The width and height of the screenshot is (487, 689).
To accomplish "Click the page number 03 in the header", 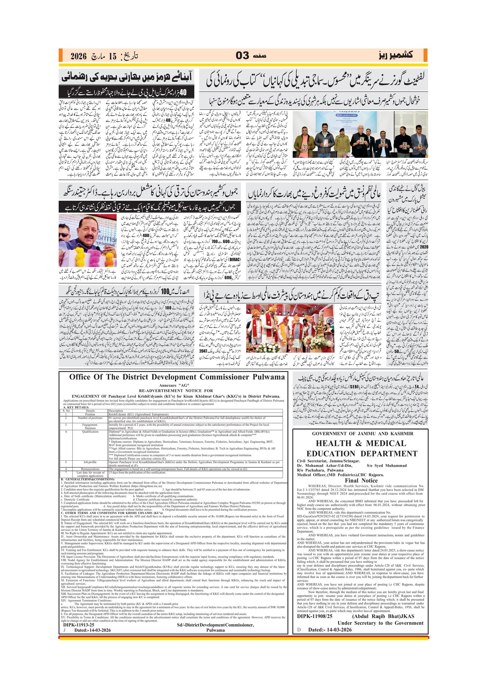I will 242,56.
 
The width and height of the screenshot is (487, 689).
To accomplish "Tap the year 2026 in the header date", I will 78,56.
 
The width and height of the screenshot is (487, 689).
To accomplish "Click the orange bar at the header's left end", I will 60,55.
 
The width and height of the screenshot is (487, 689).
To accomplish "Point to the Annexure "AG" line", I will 174,385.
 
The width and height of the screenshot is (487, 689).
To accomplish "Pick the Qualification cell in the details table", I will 90,432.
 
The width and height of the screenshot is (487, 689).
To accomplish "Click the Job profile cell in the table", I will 90,462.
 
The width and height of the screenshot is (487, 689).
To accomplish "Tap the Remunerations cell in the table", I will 90,469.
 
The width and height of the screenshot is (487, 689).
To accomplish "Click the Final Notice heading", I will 361,481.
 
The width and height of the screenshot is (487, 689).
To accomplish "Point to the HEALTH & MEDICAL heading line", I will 361,443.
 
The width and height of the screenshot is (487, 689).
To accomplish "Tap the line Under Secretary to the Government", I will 380,623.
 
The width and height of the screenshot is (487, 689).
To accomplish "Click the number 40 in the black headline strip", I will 183,93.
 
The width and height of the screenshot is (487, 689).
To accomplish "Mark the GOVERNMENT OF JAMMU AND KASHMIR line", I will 362,434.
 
